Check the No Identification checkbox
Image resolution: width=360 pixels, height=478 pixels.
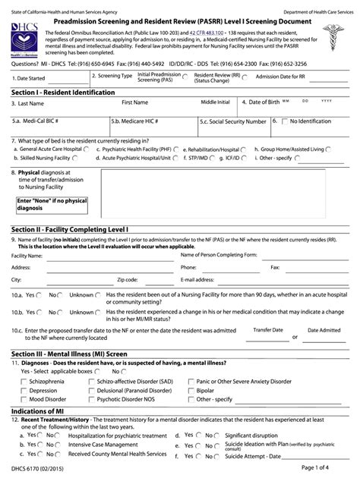pyautogui.click(x=286, y=121)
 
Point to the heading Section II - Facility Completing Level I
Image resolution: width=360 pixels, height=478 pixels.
pyautogui.click(x=70, y=228)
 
